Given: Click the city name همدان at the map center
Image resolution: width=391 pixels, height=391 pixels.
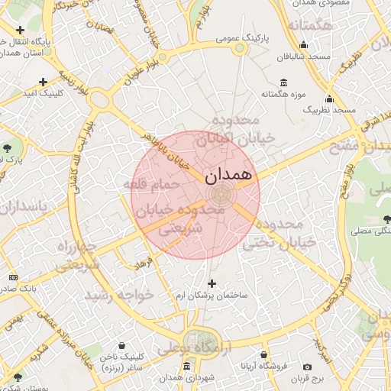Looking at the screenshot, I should point(228,175).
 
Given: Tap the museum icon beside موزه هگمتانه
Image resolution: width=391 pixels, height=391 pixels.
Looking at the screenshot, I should point(284,82).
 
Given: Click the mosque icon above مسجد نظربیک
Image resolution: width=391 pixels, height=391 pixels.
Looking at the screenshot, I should point(329,99).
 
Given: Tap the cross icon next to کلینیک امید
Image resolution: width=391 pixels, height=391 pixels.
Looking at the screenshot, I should point(43,81).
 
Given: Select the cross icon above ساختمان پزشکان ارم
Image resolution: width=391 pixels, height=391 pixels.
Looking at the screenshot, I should point(212,283).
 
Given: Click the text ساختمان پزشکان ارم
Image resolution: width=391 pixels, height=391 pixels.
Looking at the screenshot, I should point(212,295).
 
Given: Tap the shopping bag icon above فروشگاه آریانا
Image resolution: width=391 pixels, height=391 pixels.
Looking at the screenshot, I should point(263,355).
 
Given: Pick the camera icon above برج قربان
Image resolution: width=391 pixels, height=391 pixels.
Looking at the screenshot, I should point(307,367).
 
